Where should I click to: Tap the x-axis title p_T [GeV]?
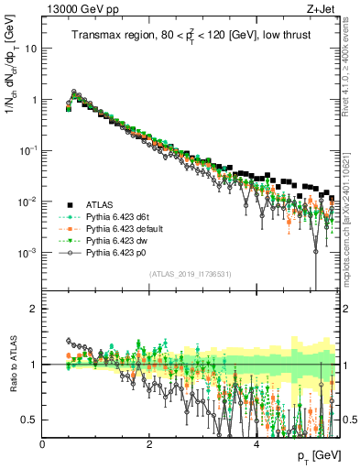(x=319, y=455)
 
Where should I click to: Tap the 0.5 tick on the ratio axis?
(x=30, y=420)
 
